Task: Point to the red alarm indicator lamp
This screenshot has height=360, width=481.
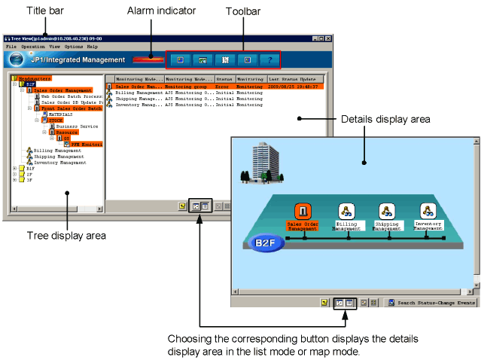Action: point(148,59)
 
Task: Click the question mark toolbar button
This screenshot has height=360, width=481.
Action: point(269,59)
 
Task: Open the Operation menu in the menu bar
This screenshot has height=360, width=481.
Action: point(33,47)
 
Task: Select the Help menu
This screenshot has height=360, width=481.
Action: point(93,47)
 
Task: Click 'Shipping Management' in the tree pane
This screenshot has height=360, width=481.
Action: point(59,156)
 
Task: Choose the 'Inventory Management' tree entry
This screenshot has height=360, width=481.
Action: point(61,162)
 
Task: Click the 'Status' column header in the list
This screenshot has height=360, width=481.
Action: point(224,78)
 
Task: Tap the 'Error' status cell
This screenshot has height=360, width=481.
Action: point(224,87)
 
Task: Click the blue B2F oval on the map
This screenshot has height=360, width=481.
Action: point(264,243)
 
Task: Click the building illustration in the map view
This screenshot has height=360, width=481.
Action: point(257,161)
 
